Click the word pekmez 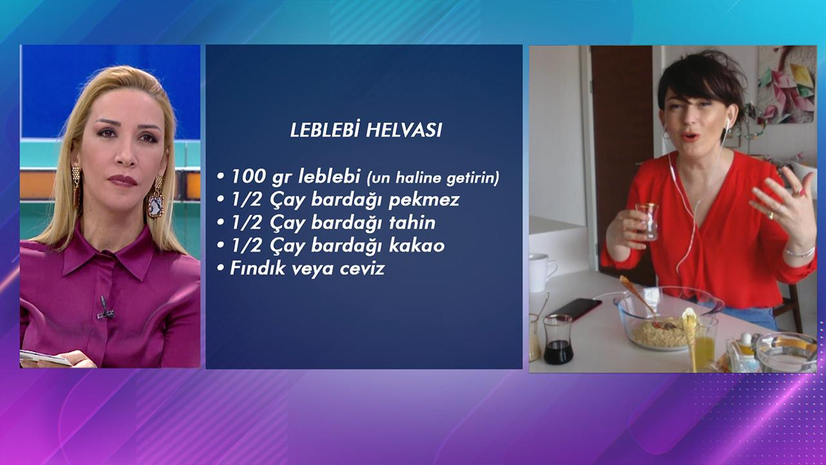(x=424, y=200)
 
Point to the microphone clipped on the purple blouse (x=104, y=309)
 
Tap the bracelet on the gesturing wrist (x=800, y=251)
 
